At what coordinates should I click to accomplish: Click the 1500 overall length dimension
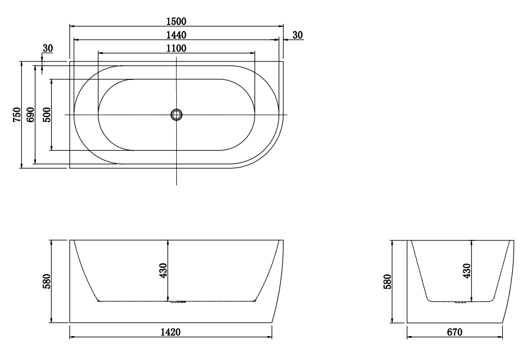176,21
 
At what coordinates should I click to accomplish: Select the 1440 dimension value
176,35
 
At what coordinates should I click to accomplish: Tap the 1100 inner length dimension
176,48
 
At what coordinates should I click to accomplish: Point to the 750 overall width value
16,115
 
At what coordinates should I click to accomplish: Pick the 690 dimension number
30,115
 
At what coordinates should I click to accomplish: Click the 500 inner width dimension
47,115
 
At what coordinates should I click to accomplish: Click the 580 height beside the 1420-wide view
47,281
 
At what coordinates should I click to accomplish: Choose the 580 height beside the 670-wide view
388,281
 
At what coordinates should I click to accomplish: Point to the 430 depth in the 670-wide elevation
467,270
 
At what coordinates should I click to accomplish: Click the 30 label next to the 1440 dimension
298,35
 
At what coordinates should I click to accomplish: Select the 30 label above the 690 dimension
47,48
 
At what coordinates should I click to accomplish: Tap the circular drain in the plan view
176,115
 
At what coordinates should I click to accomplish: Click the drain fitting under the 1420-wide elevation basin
177,302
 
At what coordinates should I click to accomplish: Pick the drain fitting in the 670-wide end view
461,302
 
